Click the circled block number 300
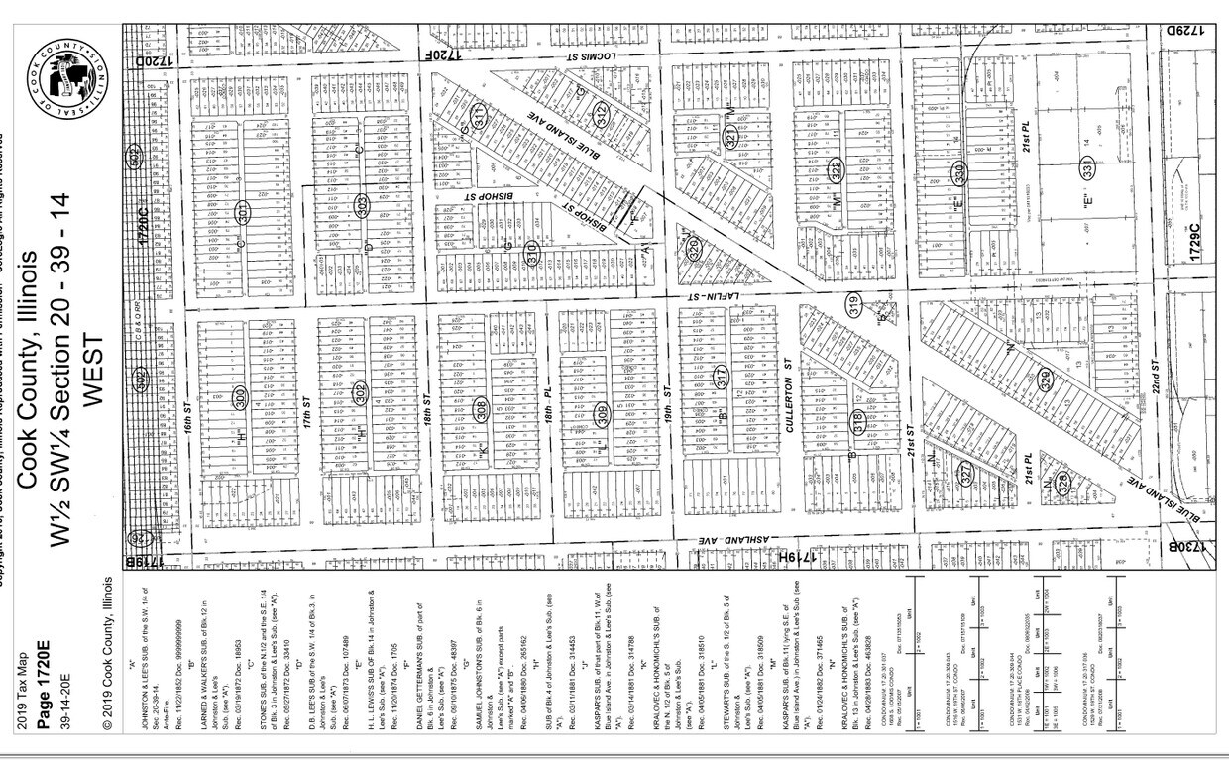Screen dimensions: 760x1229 [x=240, y=397]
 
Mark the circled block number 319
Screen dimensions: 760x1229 [x=854, y=306]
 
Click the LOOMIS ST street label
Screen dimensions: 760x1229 [x=595, y=58]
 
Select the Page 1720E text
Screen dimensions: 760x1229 [x=42, y=675]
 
